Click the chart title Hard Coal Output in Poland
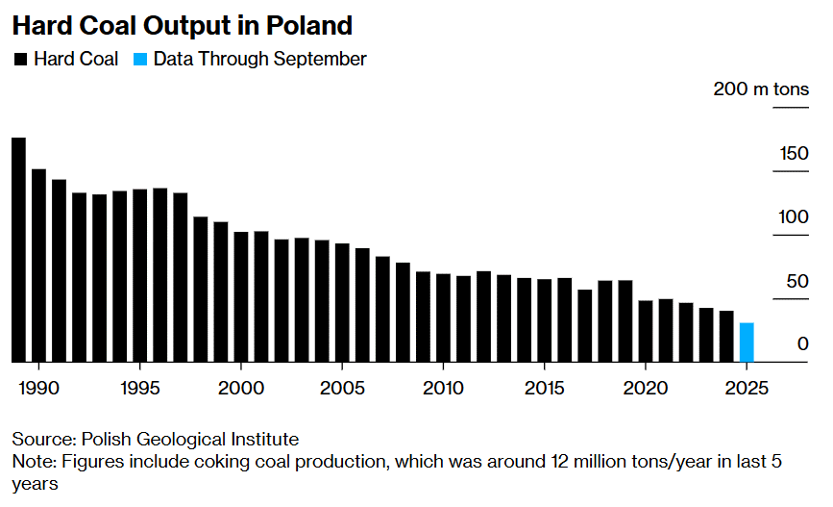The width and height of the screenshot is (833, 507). coord(182,25)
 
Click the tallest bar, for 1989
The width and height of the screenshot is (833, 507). coord(18,250)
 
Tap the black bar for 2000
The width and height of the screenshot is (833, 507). coord(241,296)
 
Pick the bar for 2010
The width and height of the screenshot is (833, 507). coord(443,317)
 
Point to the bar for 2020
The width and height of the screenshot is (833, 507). coord(646,331)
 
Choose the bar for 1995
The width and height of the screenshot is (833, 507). coord(140,275)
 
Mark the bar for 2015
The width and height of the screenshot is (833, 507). coord(545,320)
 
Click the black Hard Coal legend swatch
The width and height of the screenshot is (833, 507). coord(20,60)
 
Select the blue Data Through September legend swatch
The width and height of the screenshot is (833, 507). coord(140,60)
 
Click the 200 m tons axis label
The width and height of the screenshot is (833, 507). coord(761,89)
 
